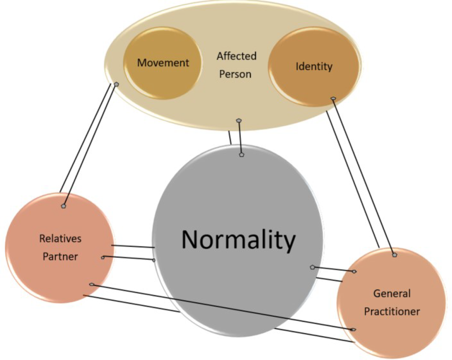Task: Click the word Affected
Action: point(236,56)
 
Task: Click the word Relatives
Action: point(60,239)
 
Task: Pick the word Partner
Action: point(60,256)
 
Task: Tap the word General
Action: point(391,294)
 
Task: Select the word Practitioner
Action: point(391,311)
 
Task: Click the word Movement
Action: point(163,63)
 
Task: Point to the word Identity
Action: point(314,66)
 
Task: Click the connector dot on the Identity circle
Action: point(333,98)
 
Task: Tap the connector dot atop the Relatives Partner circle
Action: point(63,206)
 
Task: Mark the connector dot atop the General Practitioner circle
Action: point(395,255)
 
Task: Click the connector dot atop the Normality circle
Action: point(241,155)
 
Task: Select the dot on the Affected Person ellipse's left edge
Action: point(116,84)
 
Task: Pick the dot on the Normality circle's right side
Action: point(312,267)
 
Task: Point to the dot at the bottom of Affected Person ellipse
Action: point(239,120)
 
